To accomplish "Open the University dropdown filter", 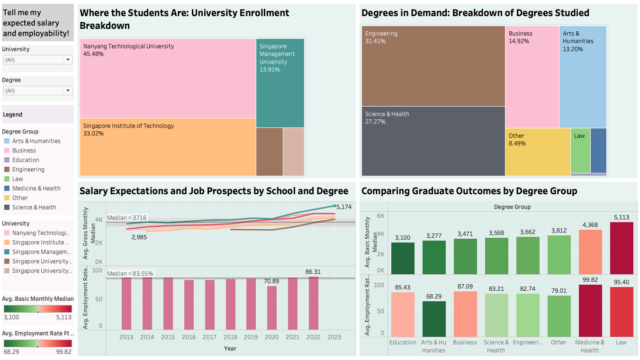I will pyautogui.click(x=68, y=60).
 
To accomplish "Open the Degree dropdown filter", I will pyautogui.click(x=68, y=90).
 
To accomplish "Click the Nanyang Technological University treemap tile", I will pyautogui.click(x=168, y=78).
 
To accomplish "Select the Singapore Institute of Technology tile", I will pyautogui.click(x=168, y=147).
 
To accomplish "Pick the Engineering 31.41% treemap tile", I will pyautogui.click(x=433, y=66).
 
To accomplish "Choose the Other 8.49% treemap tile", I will pyautogui.click(x=537, y=152).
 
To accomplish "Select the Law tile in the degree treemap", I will pyautogui.click(x=580, y=150).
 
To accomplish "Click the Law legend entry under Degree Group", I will pyautogui.click(x=18, y=179).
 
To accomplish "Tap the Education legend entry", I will pyautogui.click(x=26, y=160).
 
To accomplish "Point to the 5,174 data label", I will pyautogui.click(x=344, y=207).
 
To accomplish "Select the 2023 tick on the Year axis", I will pyautogui.click(x=334, y=337).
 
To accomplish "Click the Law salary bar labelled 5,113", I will pyautogui.click(x=621, y=248).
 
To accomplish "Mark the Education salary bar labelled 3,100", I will pyautogui.click(x=403, y=258).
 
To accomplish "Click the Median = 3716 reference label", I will pyautogui.click(x=126, y=218).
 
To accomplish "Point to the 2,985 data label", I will pyautogui.click(x=138, y=237).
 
